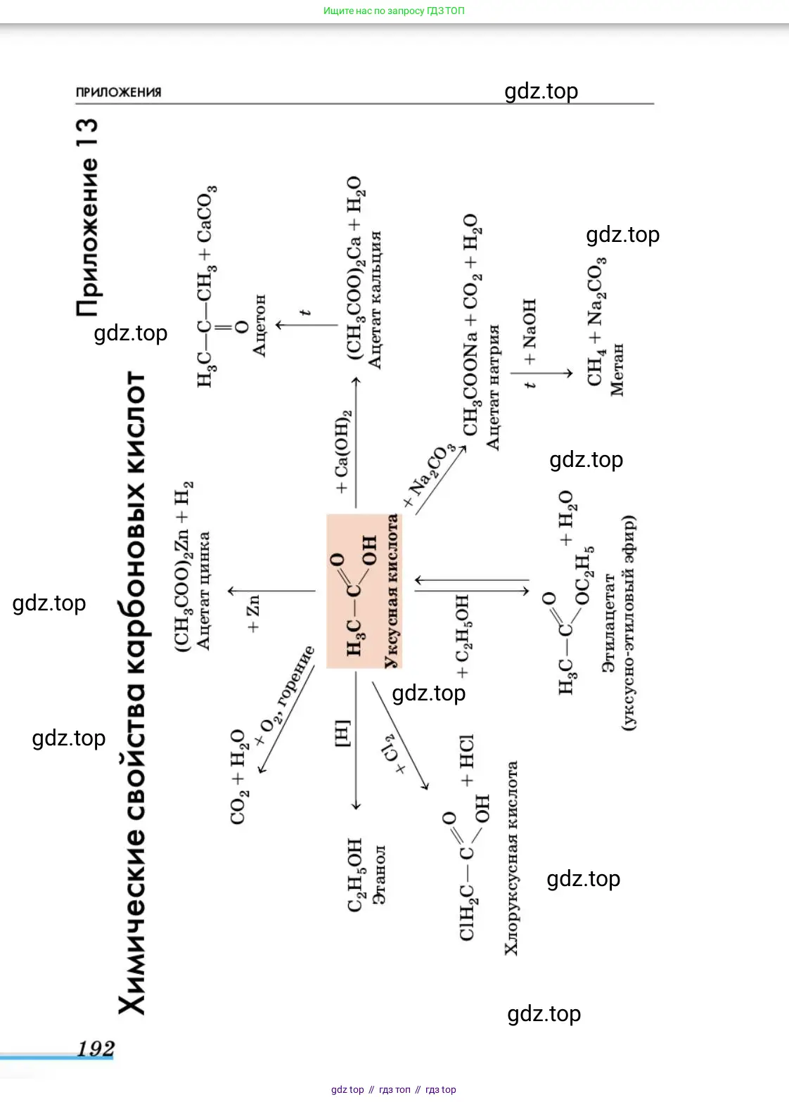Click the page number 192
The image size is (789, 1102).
click(x=95, y=1049)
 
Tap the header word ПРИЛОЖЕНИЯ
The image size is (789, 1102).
click(x=118, y=92)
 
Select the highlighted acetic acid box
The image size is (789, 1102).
click(x=364, y=591)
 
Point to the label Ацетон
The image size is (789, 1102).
click(x=259, y=325)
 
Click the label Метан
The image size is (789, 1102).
click(x=617, y=369)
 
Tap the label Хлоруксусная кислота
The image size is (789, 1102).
click(x=511, y=858)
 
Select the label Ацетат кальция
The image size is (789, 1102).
click(x=375, y=299)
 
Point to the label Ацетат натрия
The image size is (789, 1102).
click(x=493, y=387)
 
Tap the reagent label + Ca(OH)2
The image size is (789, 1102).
click(x=342, y=451)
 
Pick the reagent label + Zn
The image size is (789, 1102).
click(x=253, y=613)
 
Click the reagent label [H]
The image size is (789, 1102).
click(x=342, y=733)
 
